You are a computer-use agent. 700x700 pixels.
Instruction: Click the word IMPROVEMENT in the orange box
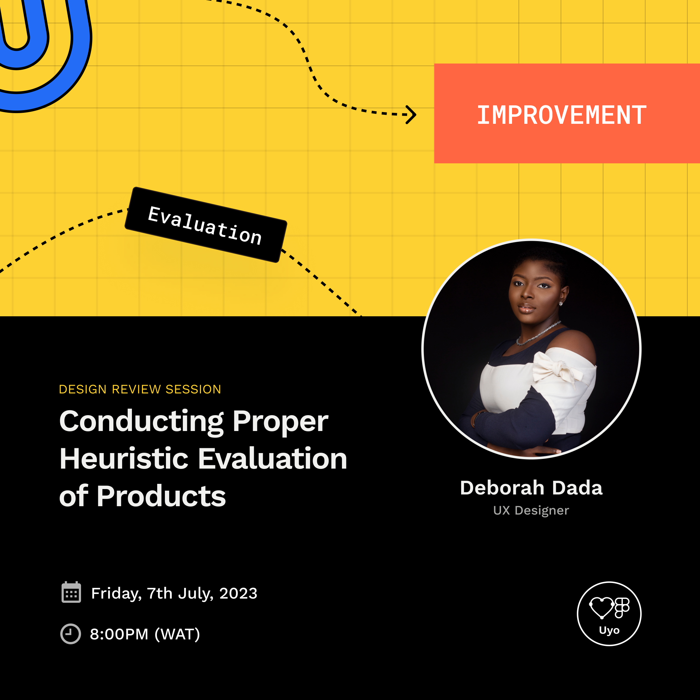coord(561,115)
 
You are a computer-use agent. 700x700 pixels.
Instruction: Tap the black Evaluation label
coord(205,225)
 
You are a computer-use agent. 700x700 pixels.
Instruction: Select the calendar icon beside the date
coord(71,593)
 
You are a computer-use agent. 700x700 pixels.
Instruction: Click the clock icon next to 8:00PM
coord(70,634)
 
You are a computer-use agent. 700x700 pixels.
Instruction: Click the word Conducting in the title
coord(141,421)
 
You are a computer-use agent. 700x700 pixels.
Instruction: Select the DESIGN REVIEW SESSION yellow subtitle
coord(140,389)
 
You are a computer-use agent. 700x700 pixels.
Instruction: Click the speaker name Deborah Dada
coord(531,488)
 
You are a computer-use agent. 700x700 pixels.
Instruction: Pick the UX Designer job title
coord(531,510)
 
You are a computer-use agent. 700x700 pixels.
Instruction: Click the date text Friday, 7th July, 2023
coord(174,593)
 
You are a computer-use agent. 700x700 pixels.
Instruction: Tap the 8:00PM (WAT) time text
coord(145,635)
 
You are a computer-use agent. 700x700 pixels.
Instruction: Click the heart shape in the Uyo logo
coord(601,607)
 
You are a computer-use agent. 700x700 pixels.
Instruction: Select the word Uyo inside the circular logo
coord(609,630)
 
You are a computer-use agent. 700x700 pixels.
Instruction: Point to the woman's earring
coord(561,304)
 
